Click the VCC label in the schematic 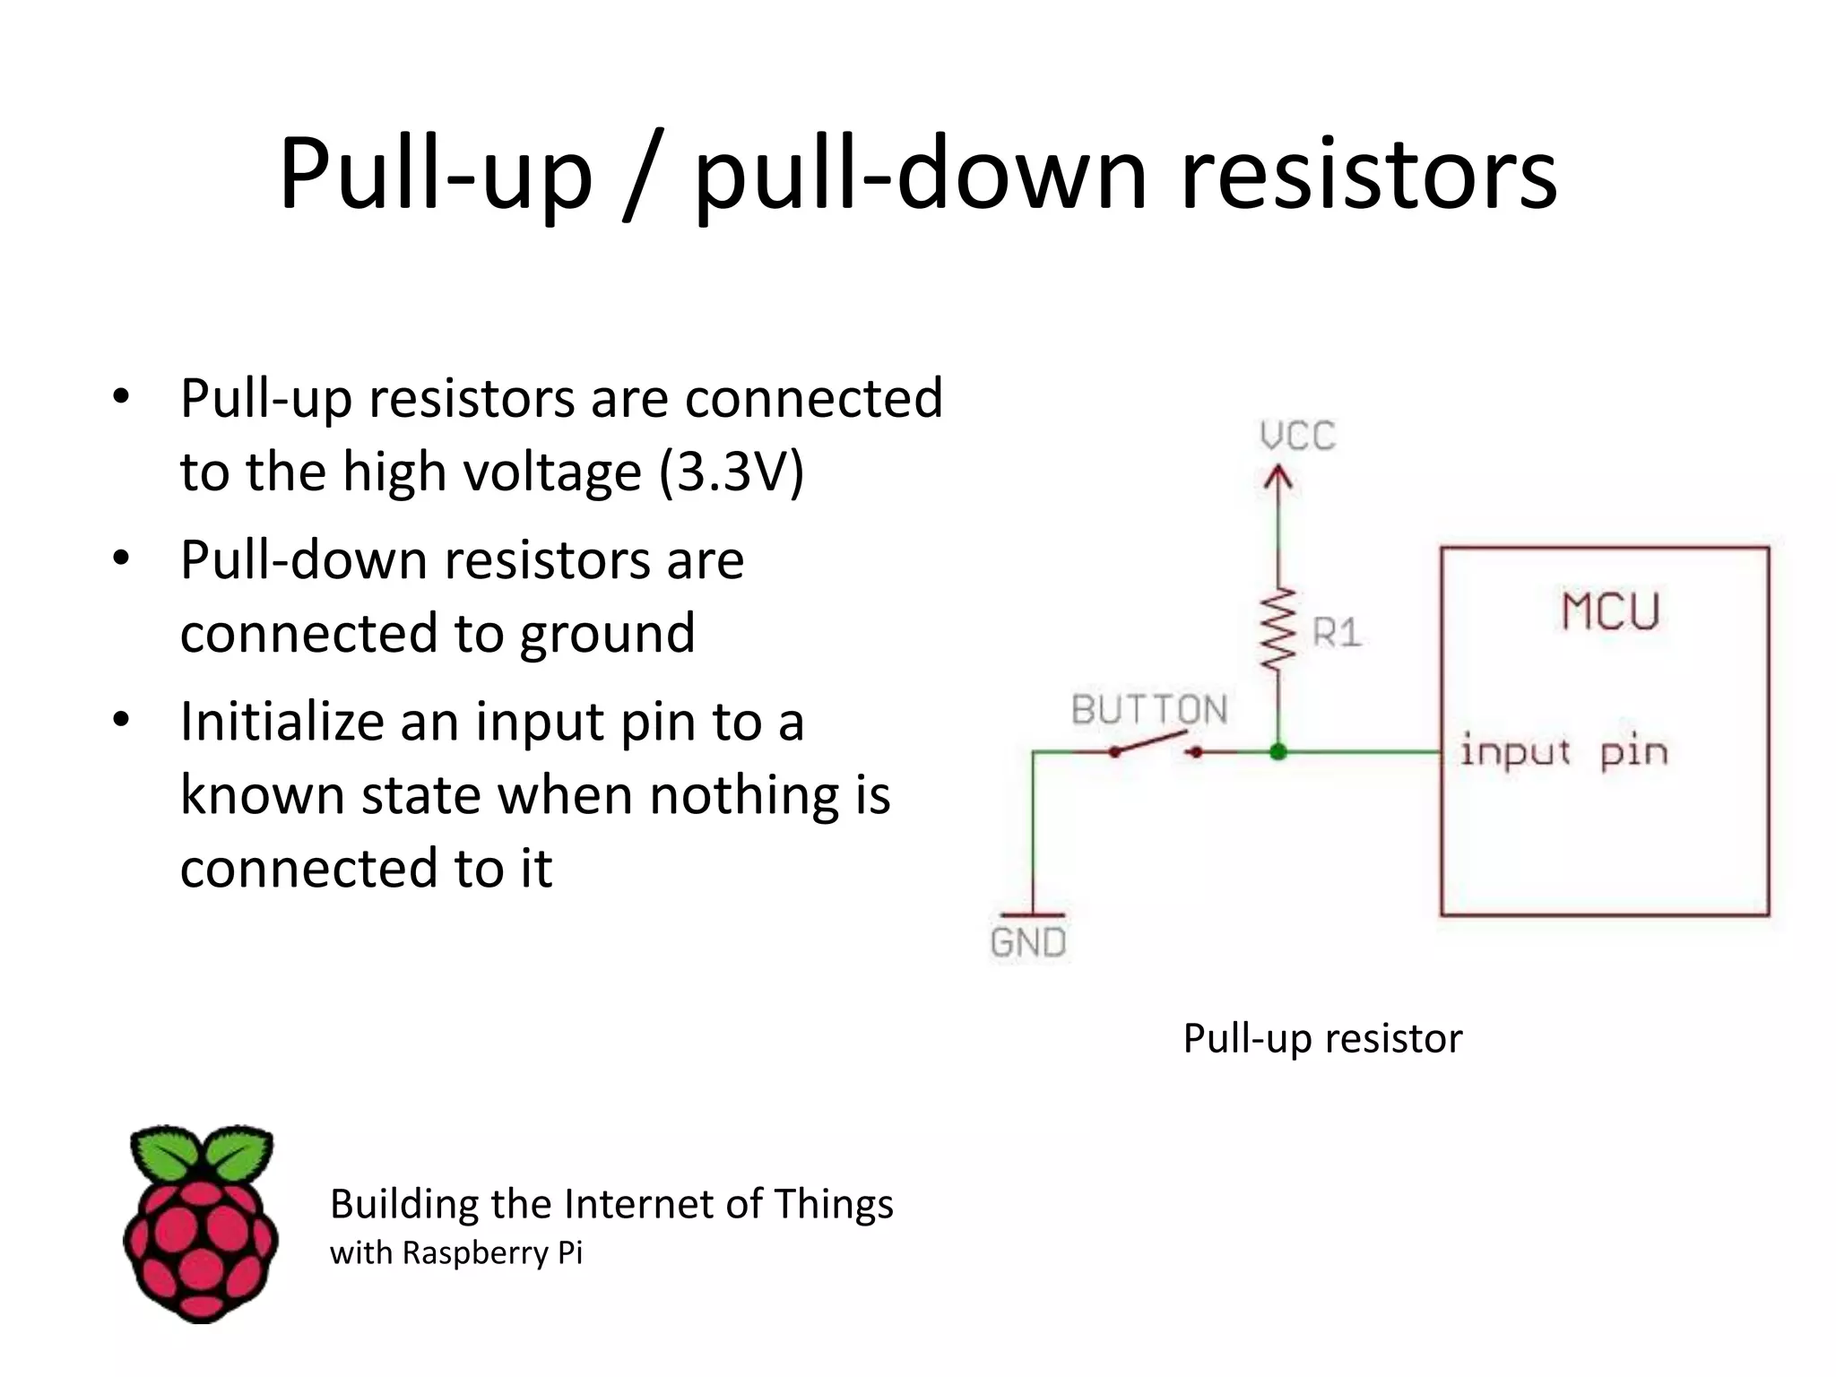(1297, 437)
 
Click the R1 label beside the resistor (1337, 633)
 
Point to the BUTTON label (1149, 710)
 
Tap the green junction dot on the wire (1278, 751)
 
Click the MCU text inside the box (1610, 612)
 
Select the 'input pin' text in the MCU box (1563, 751)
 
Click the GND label (1028, 942)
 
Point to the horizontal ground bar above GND (1033, 915)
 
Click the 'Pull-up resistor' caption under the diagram (1322, 1038)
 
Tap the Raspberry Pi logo (201, 1223)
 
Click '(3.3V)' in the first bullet (732, 472)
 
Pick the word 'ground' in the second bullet (607, 634)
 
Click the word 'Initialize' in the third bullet (281, 722)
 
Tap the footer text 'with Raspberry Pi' (455, 1252)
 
